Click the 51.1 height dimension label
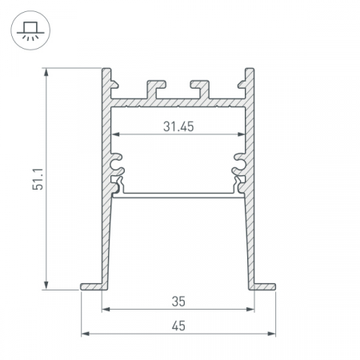coord(38,179)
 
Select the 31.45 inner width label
coord(178,126)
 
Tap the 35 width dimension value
coord(178,302)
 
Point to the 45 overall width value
coord(178,326)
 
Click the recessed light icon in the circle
coord(30,31)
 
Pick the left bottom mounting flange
coord(91,286)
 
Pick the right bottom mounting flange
coord(265,286)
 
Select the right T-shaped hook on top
coord(201,89)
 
